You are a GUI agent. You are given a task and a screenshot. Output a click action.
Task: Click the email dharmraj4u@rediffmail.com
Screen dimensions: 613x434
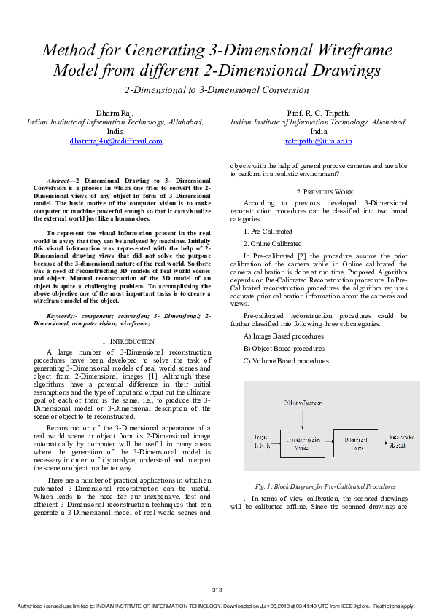[116, 141]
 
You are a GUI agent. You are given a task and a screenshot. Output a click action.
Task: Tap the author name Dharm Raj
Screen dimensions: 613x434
[115, 112]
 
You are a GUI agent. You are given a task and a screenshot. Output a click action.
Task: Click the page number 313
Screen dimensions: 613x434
[216, 589]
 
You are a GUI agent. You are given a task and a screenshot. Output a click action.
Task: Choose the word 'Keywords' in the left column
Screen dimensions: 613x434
[63, 317]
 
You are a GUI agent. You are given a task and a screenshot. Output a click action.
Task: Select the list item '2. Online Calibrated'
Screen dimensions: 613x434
[272, 243]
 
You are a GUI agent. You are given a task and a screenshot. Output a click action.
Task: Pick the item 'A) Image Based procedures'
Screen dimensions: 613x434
[284, 336]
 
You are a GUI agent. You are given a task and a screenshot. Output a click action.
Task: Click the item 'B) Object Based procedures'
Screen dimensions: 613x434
[284, 349]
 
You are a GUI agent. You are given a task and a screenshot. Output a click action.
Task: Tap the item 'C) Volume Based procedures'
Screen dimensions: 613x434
[286, 360]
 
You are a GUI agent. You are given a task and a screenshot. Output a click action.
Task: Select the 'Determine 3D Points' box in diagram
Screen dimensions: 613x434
[355, 443]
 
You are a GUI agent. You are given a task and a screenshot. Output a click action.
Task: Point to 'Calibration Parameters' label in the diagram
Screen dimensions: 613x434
[303, 402]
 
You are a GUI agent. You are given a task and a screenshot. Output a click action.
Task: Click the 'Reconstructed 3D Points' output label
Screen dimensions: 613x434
[402, 440]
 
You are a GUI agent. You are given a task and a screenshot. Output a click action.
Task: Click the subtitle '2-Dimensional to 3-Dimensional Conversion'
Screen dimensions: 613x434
[217, 90]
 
